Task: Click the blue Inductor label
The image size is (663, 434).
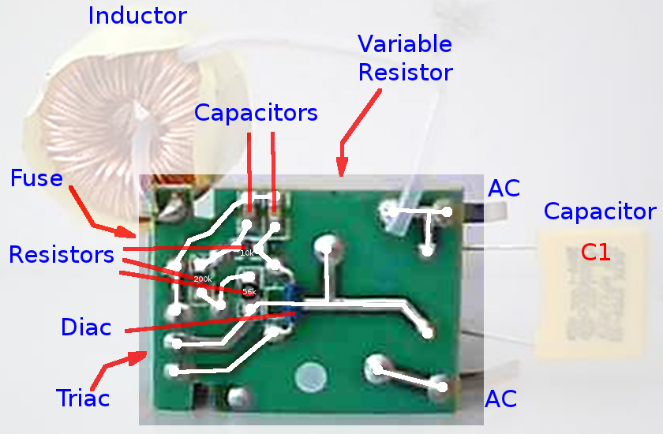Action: click(137, 15)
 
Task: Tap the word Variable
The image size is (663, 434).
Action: click(404, 43)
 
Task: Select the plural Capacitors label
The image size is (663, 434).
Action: click(256, 113)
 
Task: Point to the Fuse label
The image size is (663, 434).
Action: click(36, 178)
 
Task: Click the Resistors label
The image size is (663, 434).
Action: click(61, 255)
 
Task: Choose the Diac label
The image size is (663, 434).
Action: click(86, 327)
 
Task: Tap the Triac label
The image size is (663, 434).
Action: click(83, 398)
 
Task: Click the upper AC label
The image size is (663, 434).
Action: click(504, 189)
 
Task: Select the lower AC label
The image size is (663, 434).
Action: click(501, 398)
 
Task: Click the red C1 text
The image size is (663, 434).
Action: click(595, 253)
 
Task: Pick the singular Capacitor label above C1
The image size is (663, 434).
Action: click(599, 211)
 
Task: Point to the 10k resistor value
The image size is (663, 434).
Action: click(247, 253)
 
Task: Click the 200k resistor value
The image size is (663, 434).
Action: click(203, 279)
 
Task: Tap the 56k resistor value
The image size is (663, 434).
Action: click(249, 291)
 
